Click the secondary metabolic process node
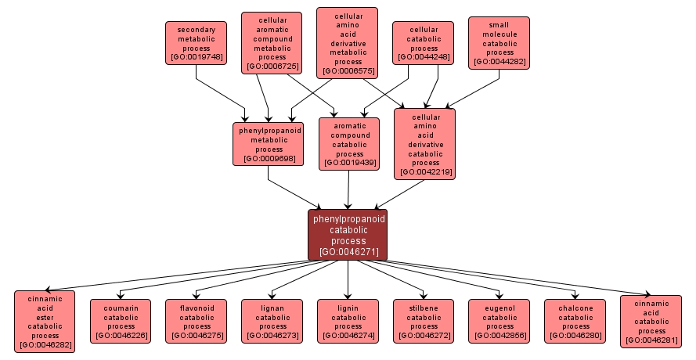point(196,43)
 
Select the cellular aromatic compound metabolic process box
point(272,43)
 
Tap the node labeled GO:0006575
point(348,43)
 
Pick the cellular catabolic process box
point(424,43)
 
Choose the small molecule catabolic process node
point(498,43)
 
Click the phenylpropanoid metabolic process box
point(269,144)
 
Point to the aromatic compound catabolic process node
point(349,144)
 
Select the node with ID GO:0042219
point(424,143)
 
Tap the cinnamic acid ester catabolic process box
point(45,321)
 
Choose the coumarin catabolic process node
point(121,321)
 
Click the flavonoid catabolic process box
point(197,321)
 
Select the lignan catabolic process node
point(272,321)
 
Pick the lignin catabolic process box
point(348,321)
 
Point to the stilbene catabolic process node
point(424,321)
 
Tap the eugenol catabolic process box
point(499,321)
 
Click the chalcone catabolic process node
point(575,321)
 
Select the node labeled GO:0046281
point(651,321)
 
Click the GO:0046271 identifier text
point(348,252)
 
